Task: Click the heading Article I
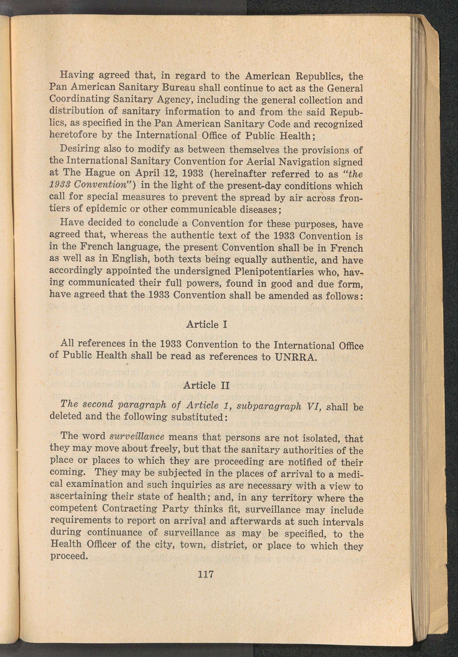[x=207, y=325]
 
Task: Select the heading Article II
[x=207, y=385]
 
